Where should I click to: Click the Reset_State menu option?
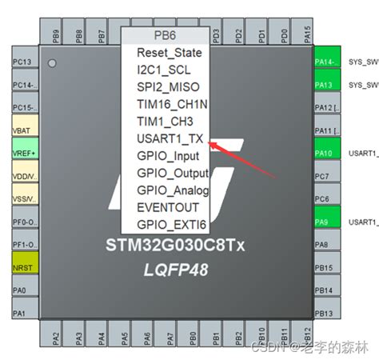pos(169,53)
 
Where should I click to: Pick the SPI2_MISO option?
pos(168,86)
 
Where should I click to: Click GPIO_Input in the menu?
pos(168,155)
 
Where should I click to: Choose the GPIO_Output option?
pos(172,173)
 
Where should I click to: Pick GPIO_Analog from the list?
pos(172,190)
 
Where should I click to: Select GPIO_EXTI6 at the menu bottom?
pos(169,225)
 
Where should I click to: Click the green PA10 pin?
pos(323,153)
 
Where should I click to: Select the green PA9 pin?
pos(323,222)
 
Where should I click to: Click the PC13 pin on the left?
pos(22,62)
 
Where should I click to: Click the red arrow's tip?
pos(209,142)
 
